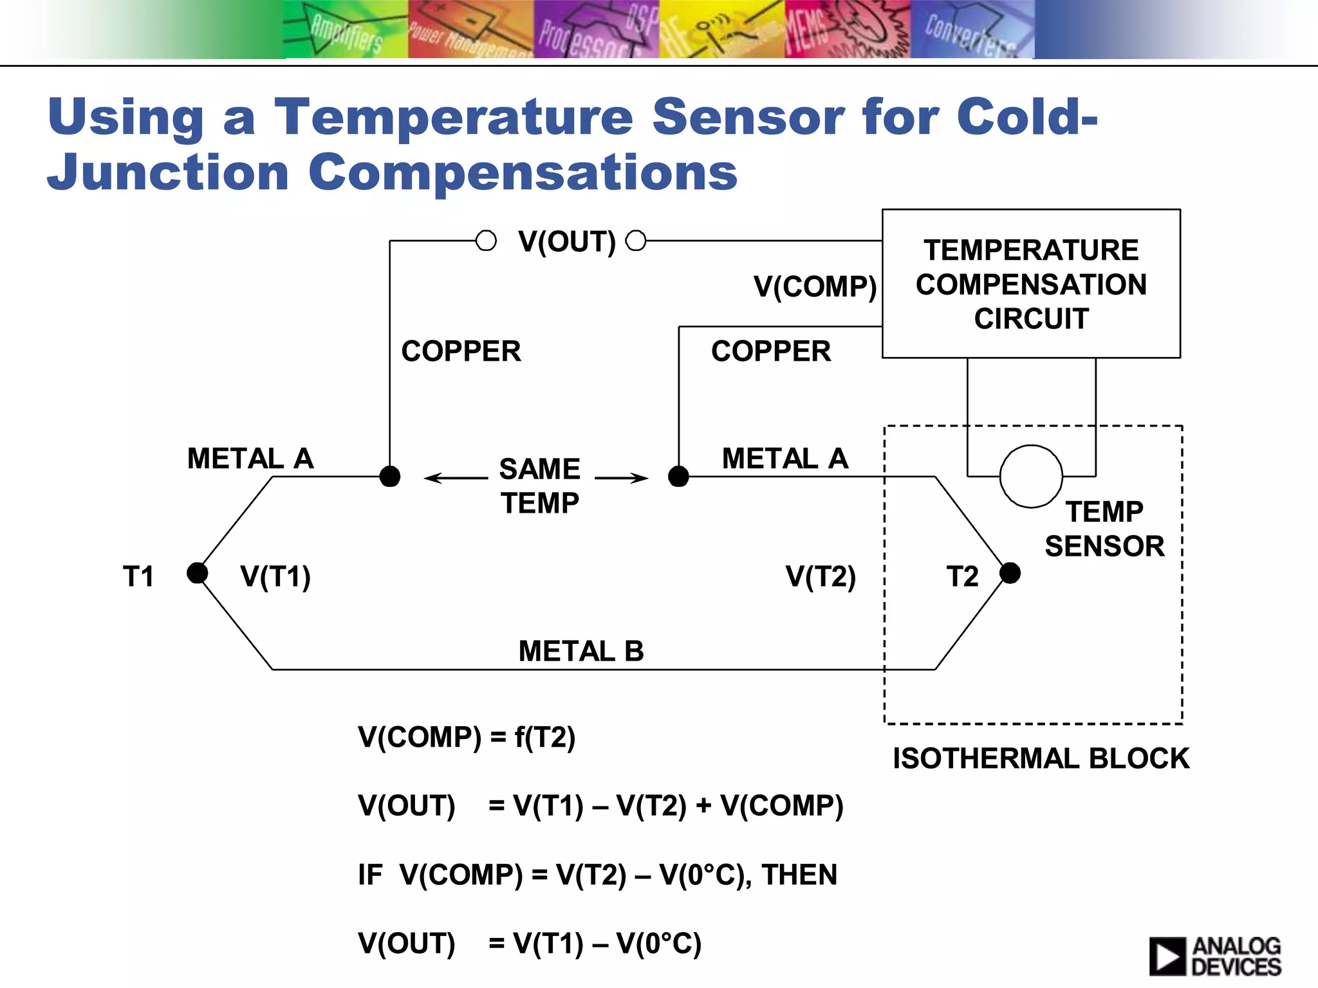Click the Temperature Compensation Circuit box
coord(1030,284)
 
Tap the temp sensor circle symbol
coord(1030,477)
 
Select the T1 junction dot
coord(197,572)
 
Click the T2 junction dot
coord(1010,572)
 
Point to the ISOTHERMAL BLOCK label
coord(1041,758)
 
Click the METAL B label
coord(580,651)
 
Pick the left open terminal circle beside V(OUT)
coord(486,241)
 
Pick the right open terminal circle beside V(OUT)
coord(636,241)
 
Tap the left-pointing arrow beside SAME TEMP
coord(456,477)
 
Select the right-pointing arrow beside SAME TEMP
coord(622,477)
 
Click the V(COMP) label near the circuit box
coord(815,286)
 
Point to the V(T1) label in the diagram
coord(275,576)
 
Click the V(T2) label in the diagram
coord(821,576)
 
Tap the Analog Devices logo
coord(1215,956)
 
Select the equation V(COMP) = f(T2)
coord(467,737)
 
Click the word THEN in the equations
coord(799,875)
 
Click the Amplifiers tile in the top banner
coord(345,30)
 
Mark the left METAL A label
coord(250,459)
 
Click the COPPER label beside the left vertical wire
coord(461,351)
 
